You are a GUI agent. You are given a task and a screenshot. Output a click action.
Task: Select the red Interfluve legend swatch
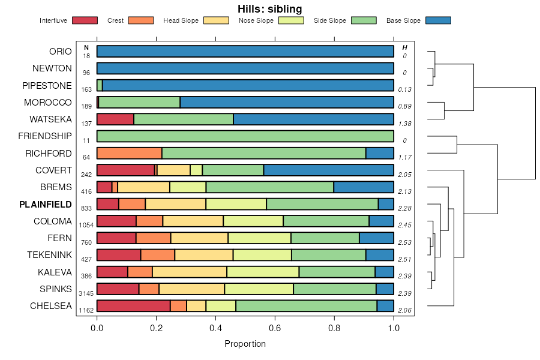pos(85,20)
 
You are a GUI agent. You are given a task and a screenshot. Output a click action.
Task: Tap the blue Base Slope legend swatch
pos(438,20)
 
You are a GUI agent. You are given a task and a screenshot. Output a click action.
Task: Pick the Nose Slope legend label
pos(256,21)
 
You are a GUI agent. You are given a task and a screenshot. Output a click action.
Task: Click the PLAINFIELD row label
pos(46,205)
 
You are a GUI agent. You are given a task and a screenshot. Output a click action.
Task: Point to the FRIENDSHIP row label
pos(45,136)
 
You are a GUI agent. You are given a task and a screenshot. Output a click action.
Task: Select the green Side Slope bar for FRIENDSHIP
pos(245,136)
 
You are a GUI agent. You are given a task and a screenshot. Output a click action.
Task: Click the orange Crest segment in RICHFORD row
pos(129,153)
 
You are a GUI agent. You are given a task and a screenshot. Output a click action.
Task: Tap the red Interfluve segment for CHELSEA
pos(133,306)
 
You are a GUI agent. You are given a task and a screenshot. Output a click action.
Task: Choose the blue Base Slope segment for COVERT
pos(329,170)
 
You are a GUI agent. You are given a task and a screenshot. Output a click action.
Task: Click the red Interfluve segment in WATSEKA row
pos(115,119)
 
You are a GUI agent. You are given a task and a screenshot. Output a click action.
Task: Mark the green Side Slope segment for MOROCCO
pos(139,102)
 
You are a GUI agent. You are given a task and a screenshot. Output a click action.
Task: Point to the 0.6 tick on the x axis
pos(275,328)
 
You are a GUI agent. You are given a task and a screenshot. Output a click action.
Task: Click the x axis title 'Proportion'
pos(245,344)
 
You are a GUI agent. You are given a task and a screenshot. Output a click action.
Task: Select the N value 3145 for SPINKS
pos(86,294)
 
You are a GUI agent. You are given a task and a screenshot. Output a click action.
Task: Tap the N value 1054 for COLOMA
pos(86,226)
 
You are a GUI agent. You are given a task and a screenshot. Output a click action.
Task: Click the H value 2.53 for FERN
pos(405,242)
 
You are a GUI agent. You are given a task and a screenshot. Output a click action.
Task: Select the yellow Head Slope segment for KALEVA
pos(190,272)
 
